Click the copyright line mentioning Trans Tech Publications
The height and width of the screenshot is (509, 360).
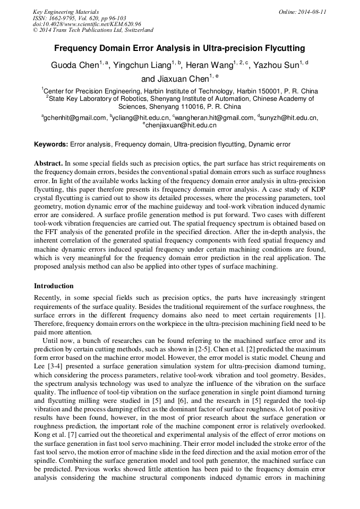93,30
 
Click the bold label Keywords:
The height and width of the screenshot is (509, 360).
51,144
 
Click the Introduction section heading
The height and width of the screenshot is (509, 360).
54,286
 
